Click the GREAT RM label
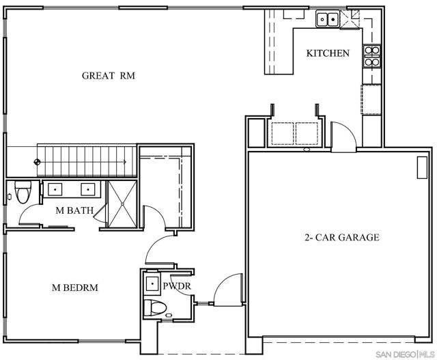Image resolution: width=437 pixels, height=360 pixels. click(x=109, y=76)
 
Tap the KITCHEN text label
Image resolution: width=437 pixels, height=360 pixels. click(x=328, y=53)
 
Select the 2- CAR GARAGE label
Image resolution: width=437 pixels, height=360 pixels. click(x=341, y=237)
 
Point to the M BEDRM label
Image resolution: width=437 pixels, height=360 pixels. click(x=75, y=288)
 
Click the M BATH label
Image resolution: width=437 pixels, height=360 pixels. click(x=74, y=210)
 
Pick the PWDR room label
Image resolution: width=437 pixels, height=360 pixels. click(x=177, y=286)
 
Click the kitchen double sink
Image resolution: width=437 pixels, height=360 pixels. click(x=328, y=19)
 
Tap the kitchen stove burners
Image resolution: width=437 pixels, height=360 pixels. click(x=372, y=56)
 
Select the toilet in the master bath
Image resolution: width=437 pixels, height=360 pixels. click(x=23, y=192)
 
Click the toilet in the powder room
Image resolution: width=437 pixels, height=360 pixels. click(x=155, y=308)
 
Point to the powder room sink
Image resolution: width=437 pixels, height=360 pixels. click(x=152, y=283)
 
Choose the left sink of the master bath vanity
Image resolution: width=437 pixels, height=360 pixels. click(x=55, y=189)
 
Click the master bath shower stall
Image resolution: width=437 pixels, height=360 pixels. click(x=122, y=204)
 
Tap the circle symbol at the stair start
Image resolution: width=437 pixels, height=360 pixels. click(x=37, y=162)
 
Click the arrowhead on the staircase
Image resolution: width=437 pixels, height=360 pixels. click(x=125, y=162)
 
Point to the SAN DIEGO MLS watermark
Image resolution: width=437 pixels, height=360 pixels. click(x=405, y=355)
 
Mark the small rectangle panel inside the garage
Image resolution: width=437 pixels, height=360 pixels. click(x=422, y=167)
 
